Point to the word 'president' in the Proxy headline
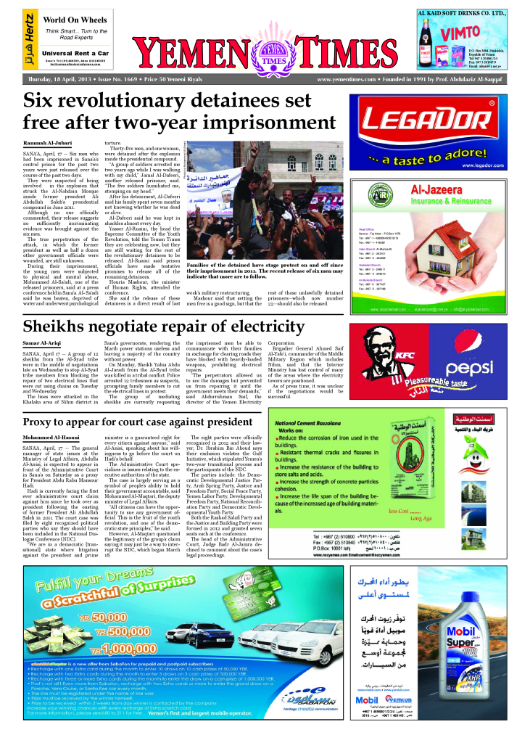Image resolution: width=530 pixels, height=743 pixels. click(218, 422)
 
